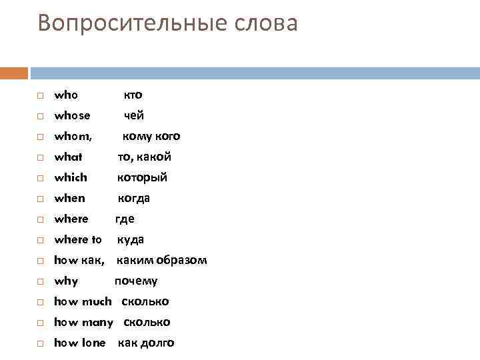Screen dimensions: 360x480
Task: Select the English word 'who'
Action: point(65,95)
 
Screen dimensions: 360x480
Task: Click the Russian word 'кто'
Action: point(133,95)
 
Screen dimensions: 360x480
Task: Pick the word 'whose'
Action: point(72,115)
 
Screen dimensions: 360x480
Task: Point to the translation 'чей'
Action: point(134,115)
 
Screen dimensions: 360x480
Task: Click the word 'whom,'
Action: point(73,136)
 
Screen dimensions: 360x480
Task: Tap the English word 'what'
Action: point(68,157)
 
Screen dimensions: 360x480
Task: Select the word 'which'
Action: point(71,177)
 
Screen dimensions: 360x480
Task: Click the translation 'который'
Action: point(142,177)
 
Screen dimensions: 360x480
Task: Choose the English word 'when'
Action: point(69,198)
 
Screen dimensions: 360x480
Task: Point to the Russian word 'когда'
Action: point(134,198)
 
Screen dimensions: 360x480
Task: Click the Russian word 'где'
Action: point(125,219)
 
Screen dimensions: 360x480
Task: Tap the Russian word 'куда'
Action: point(131,239)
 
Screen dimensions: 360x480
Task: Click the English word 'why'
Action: point(66,281)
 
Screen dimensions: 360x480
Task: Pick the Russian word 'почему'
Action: point(136,281)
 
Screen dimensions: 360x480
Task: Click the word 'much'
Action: point(97,301)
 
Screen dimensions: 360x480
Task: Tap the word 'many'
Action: point(97,322)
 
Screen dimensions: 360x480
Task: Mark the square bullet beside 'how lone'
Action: point(40,343)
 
